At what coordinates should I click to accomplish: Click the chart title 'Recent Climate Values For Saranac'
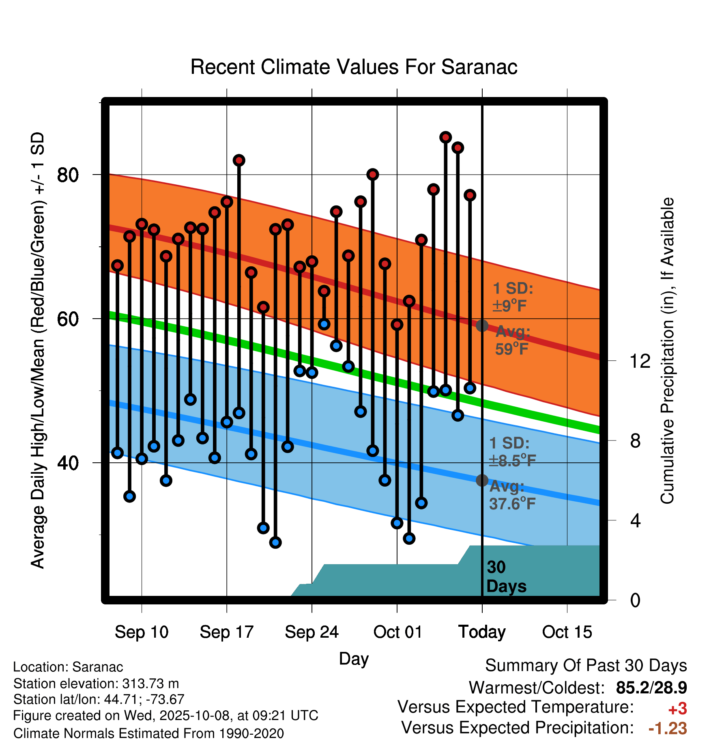[354, 67]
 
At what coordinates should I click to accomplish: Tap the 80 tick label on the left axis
[67, 175]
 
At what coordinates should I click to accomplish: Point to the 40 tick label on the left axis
[67, 463]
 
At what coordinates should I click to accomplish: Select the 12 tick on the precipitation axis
[640, 361]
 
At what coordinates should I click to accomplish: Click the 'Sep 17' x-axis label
[226, 632]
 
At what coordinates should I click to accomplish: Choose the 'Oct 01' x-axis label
[397, 632]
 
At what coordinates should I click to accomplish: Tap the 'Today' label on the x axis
[482, 632]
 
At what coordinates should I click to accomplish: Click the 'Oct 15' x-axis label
[567, 632]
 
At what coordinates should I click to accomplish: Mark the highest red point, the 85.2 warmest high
[445, 138]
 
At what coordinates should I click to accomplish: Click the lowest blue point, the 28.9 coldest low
[409, 538]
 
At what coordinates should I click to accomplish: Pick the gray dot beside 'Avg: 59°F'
[482, 326]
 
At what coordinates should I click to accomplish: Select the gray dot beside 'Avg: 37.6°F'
[482, 481]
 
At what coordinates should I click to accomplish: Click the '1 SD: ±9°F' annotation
[513, 297]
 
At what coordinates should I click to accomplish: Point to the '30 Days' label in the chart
[506, 577]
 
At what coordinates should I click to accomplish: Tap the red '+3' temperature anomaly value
[677, 709]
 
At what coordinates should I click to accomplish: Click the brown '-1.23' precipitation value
[668, 728]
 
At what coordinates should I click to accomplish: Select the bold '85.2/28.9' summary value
[651, 688]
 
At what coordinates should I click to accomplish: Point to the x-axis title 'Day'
[354, 658]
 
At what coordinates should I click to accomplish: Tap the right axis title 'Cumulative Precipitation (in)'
[667, 351]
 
